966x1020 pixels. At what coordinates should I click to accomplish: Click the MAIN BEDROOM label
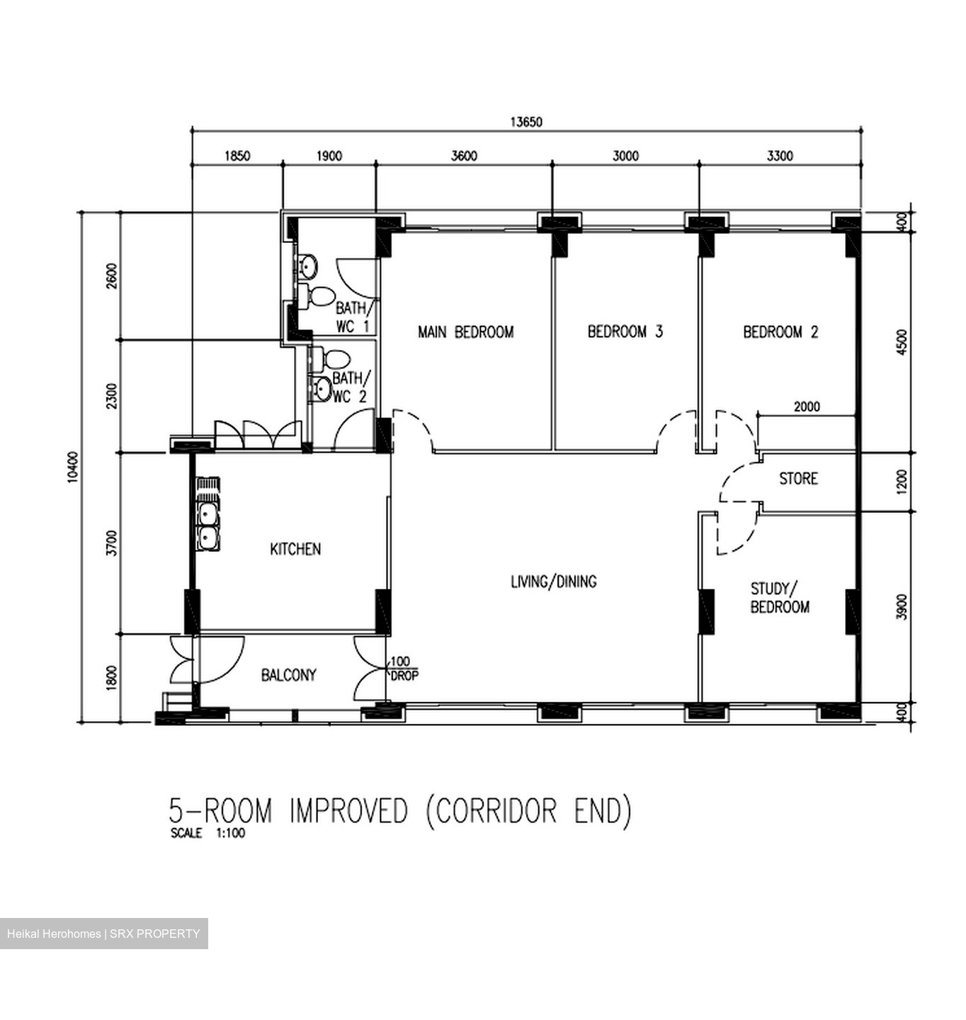[x=465, y=331]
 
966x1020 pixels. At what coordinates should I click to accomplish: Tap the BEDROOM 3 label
[x=625, y=331]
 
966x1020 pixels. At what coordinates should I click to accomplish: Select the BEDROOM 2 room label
[x=780, y=331]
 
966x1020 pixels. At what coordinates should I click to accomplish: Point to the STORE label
[x=798, y=479]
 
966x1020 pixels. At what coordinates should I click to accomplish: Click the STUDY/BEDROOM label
[x=779, y=598]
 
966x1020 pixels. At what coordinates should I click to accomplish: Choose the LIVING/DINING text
[x=553, y=582]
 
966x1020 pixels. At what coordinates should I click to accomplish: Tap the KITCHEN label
[x=295, y=549]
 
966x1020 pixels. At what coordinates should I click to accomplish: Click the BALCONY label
[x=288, y=675]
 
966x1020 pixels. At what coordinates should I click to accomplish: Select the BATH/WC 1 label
[x=352, y=317]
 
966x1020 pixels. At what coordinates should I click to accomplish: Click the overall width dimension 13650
[x=526, y=122]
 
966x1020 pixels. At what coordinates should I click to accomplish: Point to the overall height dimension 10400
[x=72, y=467]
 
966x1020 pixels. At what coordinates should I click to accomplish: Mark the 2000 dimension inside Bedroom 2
[x=807, y=407]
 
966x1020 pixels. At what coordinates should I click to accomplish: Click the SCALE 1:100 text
[x=208, y=833]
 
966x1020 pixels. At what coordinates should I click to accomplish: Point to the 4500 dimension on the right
[x=902, y=342]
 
